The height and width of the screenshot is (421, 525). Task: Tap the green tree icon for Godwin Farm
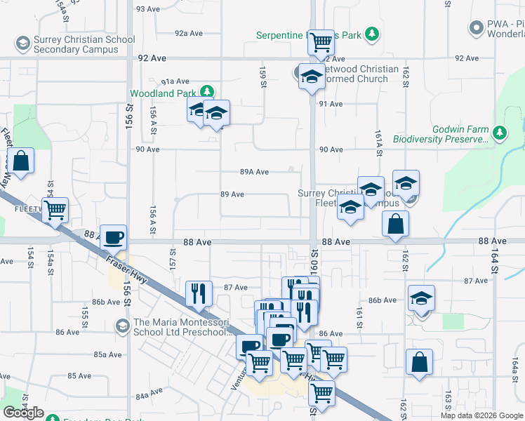[499, 132]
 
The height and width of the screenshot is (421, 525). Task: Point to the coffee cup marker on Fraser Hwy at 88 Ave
[113, 236]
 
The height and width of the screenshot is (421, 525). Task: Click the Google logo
[24, 412]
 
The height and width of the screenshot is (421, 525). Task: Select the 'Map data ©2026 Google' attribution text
[482, 415]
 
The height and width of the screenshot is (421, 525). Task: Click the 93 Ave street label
[149, 9]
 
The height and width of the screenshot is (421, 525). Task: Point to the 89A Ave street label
[254, 172]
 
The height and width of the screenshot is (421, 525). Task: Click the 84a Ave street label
[149, 396]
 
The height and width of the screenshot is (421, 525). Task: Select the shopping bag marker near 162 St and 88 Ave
[396, 224]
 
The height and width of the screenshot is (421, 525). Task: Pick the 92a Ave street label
[188, 33]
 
